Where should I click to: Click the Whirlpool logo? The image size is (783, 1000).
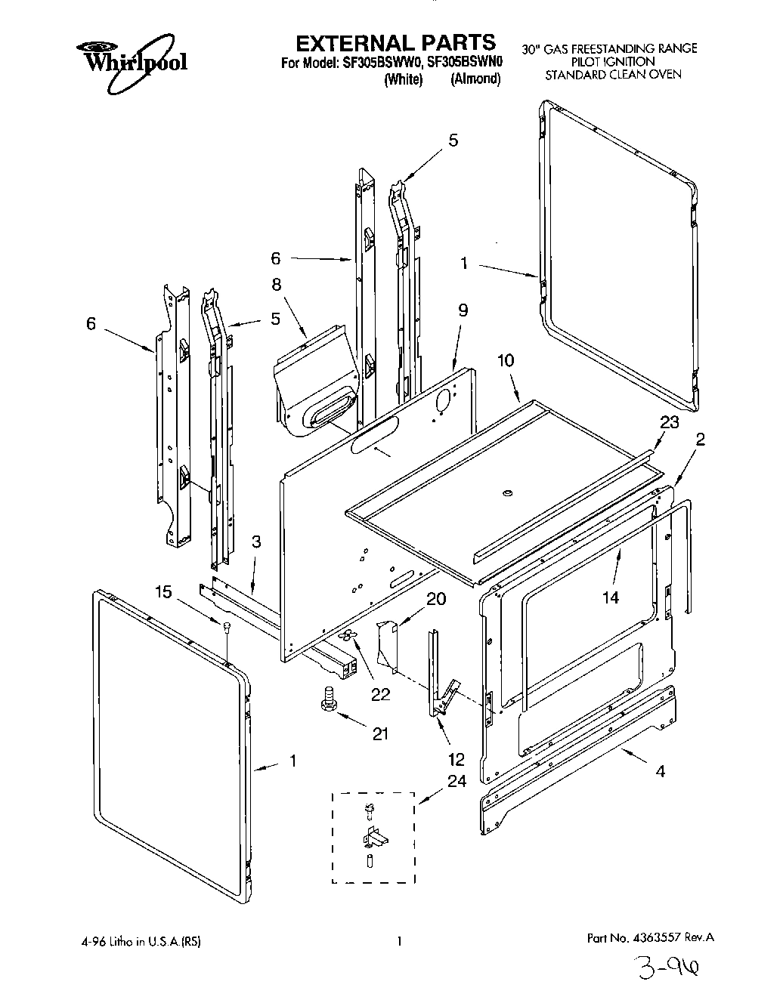[132, 57]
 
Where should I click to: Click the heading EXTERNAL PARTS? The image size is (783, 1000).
[395, 42]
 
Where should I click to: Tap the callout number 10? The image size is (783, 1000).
[505, 361]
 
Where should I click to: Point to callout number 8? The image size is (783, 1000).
[276, 285]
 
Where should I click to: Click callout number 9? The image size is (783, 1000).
[463, 310]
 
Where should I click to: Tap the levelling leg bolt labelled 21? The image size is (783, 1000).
[329, 696]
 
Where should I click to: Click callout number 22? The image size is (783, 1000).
[380, 694]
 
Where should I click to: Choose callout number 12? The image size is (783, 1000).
[456, 760]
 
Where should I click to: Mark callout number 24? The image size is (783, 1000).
[456, 781]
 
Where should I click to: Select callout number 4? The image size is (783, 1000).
[660, 771]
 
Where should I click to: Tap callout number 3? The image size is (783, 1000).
[256, 542]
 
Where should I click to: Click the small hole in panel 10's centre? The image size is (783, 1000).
[506, 493]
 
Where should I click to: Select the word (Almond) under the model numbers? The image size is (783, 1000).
[475, 79]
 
